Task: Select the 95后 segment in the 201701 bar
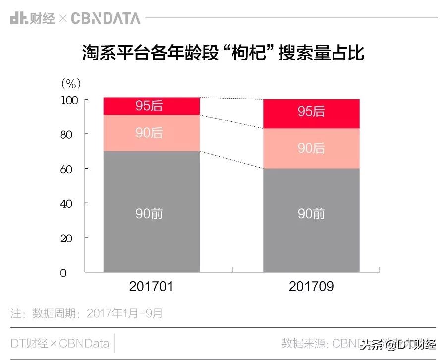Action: tap(151, 106)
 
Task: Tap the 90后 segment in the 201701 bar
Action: tap(151, 133)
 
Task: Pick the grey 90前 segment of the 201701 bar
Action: tap(151, 213)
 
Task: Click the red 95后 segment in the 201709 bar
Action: tap(311, 112)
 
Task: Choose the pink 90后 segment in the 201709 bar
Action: tap(311, 148)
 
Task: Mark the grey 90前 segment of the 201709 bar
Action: tap(311, 218)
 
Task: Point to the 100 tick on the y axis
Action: tap(69, 100)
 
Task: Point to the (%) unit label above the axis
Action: tap(70, 83)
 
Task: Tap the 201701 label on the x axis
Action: tap(151, 287)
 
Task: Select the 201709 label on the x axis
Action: tap(311, 287)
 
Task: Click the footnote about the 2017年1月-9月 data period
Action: tap(87, 313)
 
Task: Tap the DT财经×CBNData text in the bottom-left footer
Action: tap(59, 343)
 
